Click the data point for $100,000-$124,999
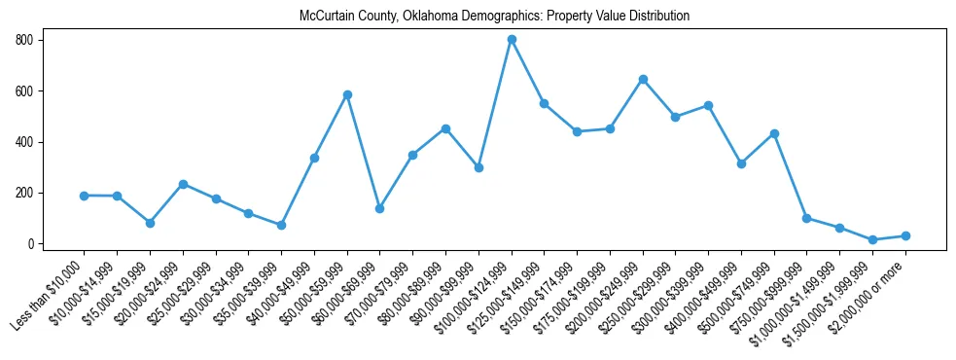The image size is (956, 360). pos(512,40)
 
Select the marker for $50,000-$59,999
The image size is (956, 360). pos(347,94)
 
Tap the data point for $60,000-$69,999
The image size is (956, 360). pos(380,208)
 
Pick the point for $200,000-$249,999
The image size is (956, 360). pos(643,79)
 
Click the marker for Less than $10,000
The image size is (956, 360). pos(85,196)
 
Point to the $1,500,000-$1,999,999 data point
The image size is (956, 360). pos(872,239)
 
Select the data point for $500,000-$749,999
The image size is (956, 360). pos(774,133)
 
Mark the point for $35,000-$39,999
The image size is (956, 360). pos(281,225)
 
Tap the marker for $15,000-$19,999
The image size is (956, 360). pos(150,223)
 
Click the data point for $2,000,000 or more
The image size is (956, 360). pos(905,235)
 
